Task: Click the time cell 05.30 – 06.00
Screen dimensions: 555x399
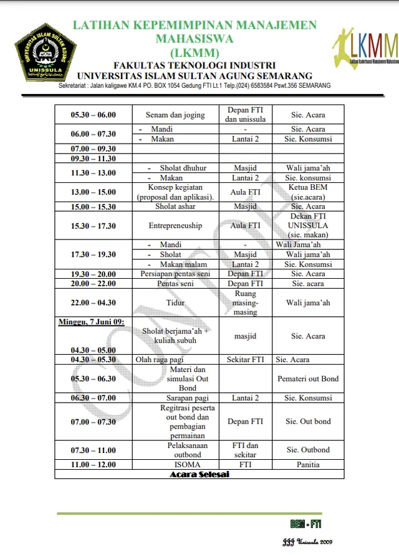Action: (94, 115)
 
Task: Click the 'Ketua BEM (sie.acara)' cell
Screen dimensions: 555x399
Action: (308, 192)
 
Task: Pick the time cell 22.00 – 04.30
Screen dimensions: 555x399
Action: (94, 303)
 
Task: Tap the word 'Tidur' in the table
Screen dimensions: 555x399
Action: (175, 303)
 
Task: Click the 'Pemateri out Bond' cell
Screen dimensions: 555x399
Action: (308, 378)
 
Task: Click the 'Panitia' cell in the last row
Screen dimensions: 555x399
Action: (308, 464)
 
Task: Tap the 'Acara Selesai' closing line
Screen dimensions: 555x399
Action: (199, 474)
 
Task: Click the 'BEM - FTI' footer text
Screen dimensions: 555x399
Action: (305, 523)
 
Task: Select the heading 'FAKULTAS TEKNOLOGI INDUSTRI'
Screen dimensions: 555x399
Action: (195, 65)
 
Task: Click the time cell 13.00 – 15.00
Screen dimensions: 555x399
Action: (94, 192)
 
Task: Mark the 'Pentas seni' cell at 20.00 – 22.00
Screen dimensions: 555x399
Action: (175, 284)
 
